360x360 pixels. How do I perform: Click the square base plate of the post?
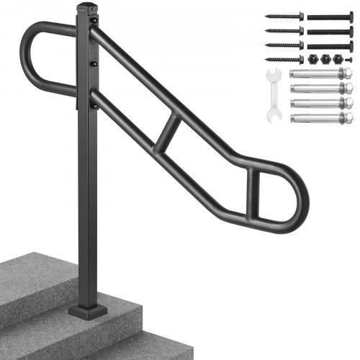88,311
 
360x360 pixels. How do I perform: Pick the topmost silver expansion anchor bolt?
320,75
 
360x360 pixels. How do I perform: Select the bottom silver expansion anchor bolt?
320,118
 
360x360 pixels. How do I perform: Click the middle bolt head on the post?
94,65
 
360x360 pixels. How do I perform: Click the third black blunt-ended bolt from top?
330,45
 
